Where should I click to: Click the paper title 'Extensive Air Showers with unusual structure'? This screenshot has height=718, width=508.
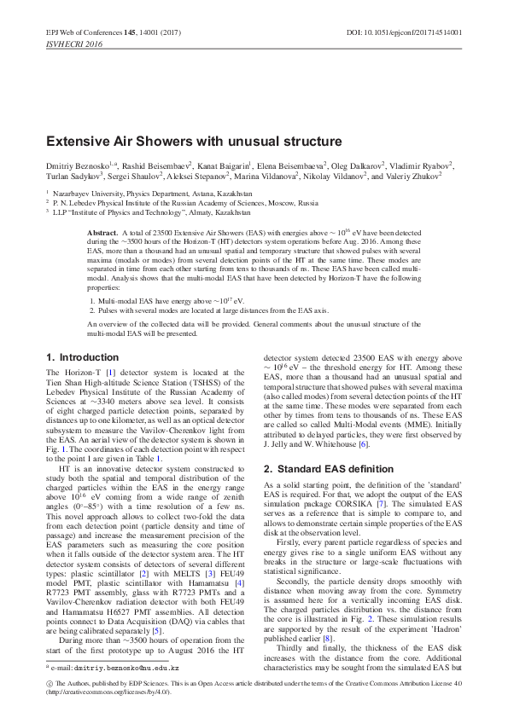(x=193, y=141)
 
